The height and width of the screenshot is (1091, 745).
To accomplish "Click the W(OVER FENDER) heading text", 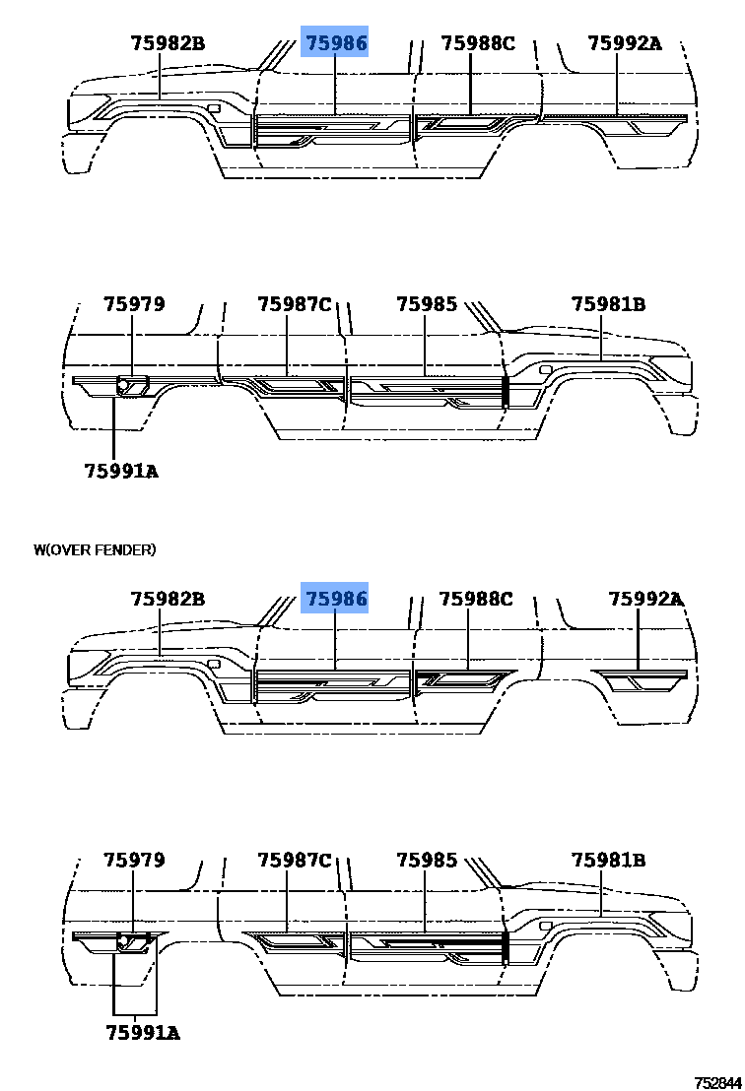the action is (x=95, y=549).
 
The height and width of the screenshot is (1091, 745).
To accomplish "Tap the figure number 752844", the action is (x=717, y=1083).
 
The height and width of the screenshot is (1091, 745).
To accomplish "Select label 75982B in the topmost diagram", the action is (x=168, y=43).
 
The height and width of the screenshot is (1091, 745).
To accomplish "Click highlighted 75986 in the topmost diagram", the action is (x=334, y=43).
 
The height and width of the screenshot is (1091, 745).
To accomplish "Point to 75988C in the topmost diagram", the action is (x=478, y=43).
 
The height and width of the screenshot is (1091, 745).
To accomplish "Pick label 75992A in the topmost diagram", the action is (x=625, y=43).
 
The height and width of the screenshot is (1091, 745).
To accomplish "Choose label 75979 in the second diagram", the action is (x=134, y=304).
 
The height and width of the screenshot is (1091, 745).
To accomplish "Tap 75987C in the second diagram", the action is (x=295, y=304).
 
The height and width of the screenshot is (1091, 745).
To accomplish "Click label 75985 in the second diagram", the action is (x=427, y=304).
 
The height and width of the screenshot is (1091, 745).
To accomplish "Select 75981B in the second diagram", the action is (x=608, y=304).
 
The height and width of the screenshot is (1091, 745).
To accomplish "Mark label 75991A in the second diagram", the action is (x=121, y=471).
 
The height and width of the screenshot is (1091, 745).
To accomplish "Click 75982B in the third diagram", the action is (x=168, y=599).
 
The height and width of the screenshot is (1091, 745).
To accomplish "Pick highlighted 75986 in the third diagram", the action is (x=334, y=599).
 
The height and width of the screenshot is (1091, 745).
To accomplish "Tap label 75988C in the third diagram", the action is (x=476, y=599).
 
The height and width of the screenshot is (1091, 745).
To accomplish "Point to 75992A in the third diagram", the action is (x=645, y=599).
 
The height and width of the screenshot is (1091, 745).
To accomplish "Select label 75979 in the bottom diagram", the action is (x=134, y=860).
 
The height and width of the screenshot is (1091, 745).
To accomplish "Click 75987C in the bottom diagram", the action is (x=295, y=860).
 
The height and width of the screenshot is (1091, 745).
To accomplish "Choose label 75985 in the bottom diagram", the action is (x=427, y=860).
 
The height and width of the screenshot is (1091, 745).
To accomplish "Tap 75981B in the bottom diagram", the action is (x=608, y=860).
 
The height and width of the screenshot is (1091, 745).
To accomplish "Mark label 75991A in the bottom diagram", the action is (x=143, y=1033).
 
